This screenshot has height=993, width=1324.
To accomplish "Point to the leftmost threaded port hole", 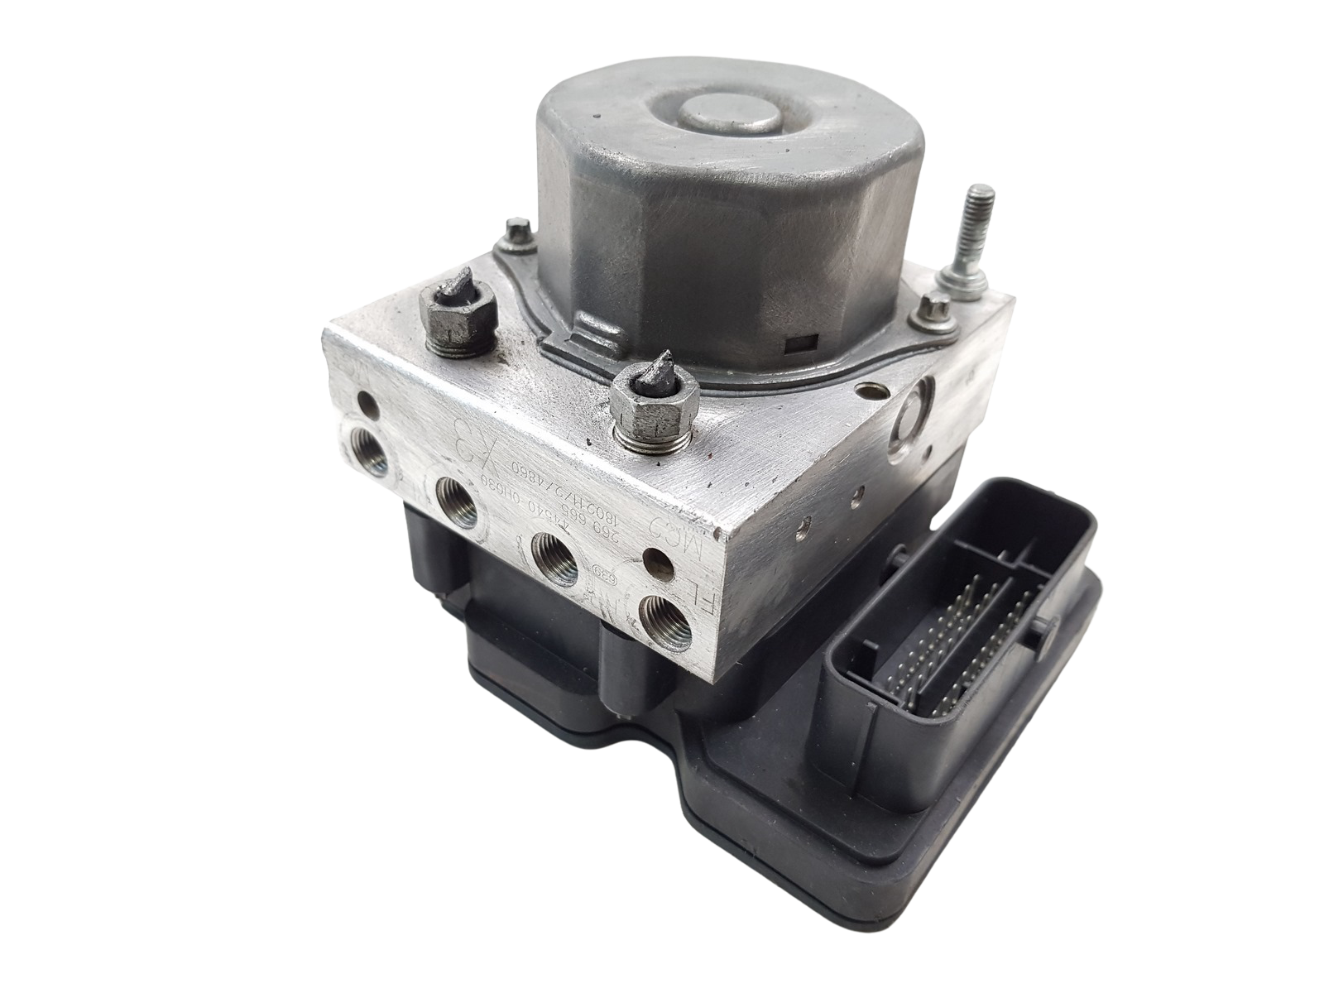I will pos(365,449).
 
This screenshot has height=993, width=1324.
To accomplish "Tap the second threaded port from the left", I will pos(453,500).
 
